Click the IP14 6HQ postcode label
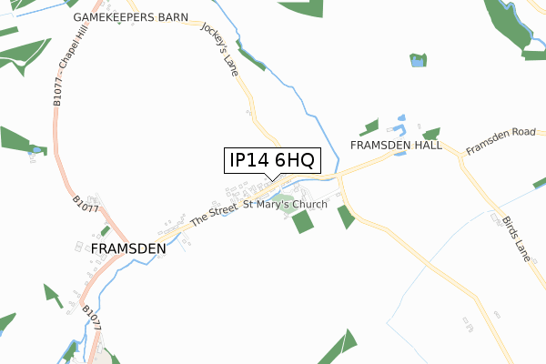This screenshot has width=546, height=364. [271, 160]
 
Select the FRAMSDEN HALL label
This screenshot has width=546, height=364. [397, 146]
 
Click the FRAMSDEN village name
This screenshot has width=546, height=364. [128, 248]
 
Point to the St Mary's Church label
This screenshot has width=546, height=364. [285, 205]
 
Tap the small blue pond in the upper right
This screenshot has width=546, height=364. [418, 61]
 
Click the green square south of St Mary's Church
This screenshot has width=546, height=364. [302, 222]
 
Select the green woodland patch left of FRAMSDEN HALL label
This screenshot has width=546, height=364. [369, 127]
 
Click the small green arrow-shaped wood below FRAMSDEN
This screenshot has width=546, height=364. [53, 296]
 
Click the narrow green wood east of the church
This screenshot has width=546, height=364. [346, 217]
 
